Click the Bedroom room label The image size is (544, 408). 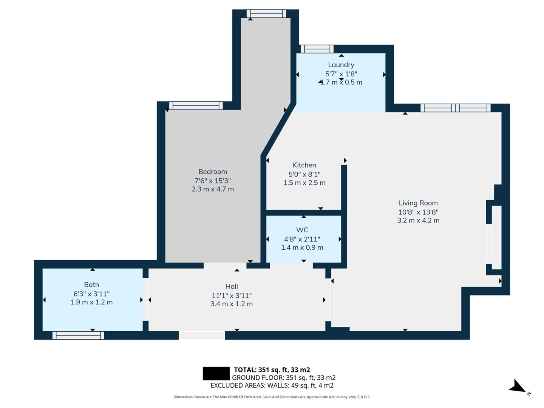tap(213, 172)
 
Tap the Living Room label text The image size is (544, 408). tap(418, 203)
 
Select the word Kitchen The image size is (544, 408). tap(304, 165)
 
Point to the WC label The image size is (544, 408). tap(302, 230)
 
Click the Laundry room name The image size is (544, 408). tap(341, 65)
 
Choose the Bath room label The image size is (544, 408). tap(91, 284)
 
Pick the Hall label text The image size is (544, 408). tap(232, 286)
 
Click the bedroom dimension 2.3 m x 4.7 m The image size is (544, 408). tap(213, 189)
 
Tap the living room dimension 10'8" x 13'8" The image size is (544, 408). tap(418, 212)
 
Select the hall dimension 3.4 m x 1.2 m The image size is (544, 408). tap(232, 304)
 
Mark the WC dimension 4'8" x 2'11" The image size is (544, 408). tap(302, 239)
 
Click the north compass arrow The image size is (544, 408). tap(517, 387)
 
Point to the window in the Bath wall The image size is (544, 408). tap(78, 335)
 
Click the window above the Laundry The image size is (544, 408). tap(317, 49)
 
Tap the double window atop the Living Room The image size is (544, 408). tap(455, 108)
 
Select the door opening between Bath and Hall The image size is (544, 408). tap(145, 300)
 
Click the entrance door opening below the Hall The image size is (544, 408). tap(202, 335)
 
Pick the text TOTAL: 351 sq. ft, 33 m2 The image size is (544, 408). tap(272, 370)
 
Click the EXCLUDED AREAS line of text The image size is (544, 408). tap(272, 385)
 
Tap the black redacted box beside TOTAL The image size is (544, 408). tap(216, 373)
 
